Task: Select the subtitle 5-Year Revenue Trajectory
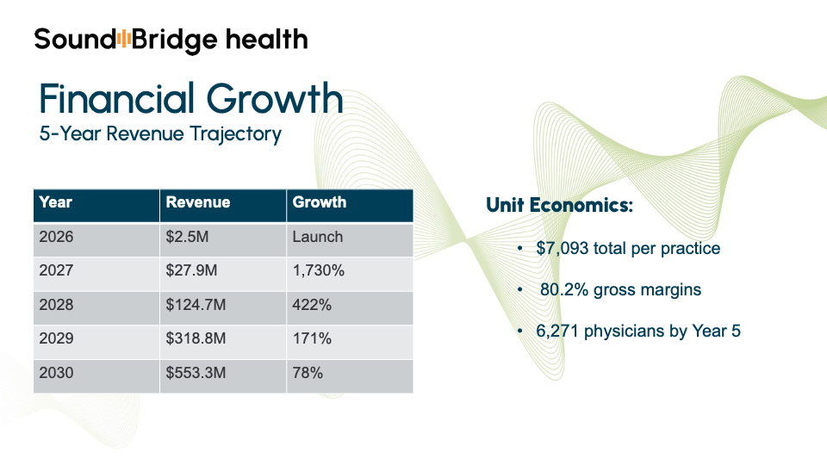[160, 134]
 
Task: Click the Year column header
[56, 203]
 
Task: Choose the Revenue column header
[198, 203]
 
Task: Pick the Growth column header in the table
[320, 203]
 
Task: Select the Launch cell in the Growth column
[317, 237]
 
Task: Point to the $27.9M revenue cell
[190, 270]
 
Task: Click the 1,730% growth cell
[319, 270]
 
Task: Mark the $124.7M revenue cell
[194, 305]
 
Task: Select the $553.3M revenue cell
[194, 373]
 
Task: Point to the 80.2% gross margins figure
[561, 290]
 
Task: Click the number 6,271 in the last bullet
[557, 332]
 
